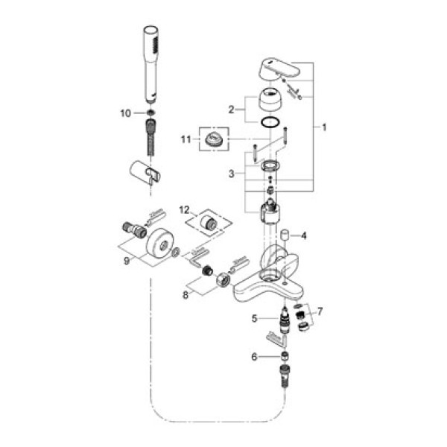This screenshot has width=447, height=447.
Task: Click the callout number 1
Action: point(325,127)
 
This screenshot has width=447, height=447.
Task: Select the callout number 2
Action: point(232,109)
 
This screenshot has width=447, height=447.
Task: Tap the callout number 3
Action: point(232,173)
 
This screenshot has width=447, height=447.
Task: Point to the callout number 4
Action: point(303,236)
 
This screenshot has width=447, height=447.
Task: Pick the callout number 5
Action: point(254,319)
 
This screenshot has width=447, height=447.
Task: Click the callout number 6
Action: point(254,357)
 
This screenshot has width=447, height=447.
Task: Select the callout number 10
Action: point(125,113)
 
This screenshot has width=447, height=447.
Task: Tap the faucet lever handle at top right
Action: point(282,69)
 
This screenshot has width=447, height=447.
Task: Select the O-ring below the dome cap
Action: point(271,122)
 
